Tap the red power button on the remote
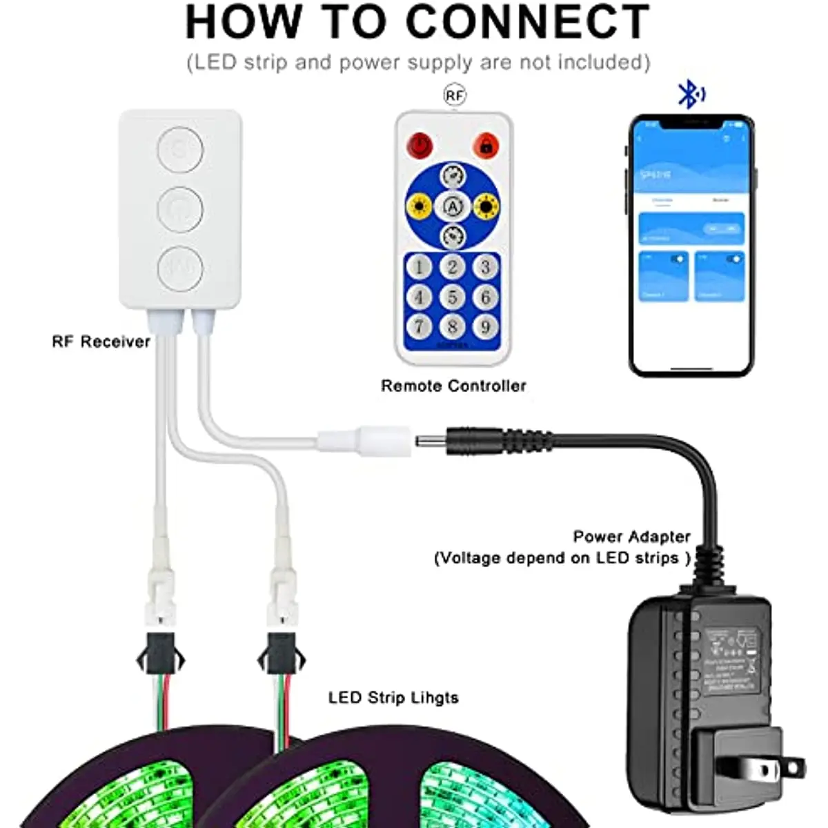[x=419, y=146]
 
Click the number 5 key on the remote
[x=453, y=297]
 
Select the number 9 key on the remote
[x=486, y=326]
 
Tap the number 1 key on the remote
[x=419, y=267]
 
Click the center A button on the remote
[x=453, y=206]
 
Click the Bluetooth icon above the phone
[x=690, y=94]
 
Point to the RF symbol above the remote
[x=454, y=95]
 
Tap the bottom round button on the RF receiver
[x=179, y=267]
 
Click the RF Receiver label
[x=101, y=342]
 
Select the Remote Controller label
[x=453, y=386]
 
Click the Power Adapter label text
[x=631, y=537]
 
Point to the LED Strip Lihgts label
[x=393, y=698]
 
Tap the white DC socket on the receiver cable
[x=364, y=440]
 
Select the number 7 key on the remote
[x=419, y=326]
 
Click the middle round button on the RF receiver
[x=179, y=208]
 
